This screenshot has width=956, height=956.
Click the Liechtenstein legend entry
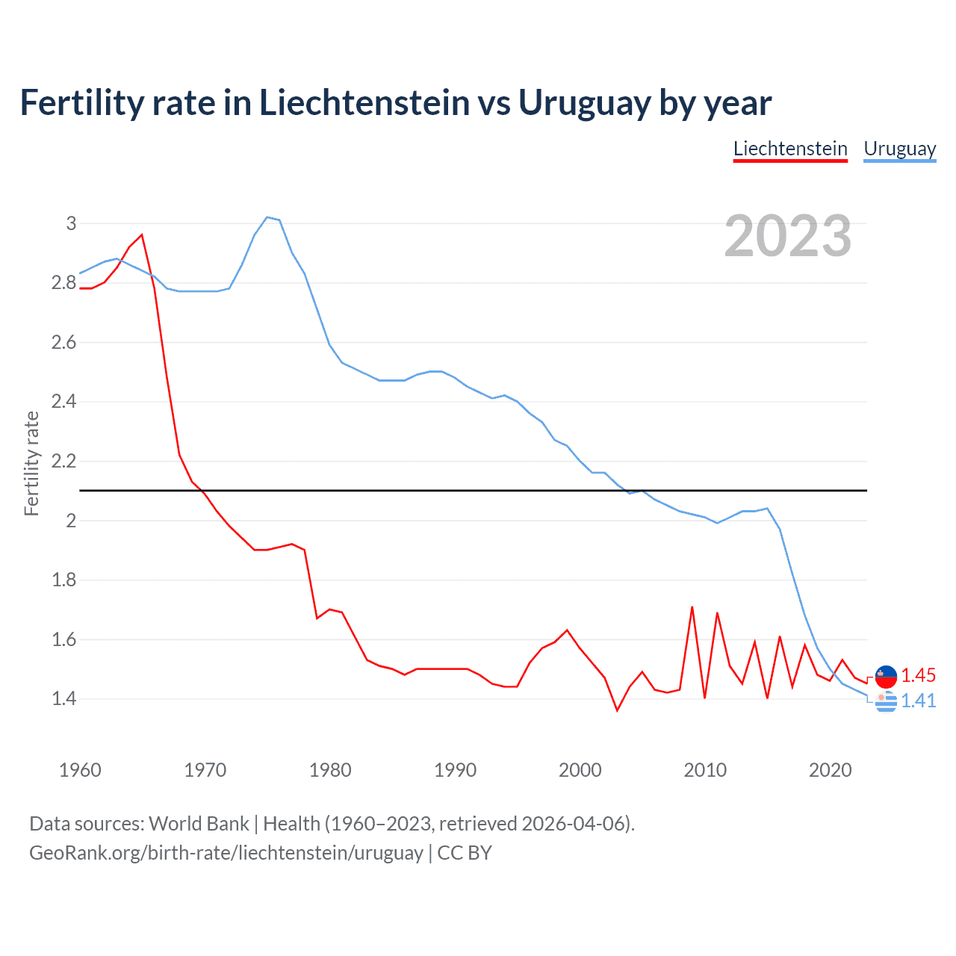click(x=790, y=149)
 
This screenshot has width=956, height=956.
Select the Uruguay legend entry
click(x=899, y=149)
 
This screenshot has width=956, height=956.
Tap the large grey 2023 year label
click(x=788, y=236)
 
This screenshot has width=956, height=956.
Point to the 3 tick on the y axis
click(x=72, y=223)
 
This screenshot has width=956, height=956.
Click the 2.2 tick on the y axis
click(x=64, y=461)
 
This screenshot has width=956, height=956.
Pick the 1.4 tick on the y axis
click(x=64, y=699)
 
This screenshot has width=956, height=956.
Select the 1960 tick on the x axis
click(x=80, y=770)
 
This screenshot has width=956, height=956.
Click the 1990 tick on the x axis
click(x=455, y=770)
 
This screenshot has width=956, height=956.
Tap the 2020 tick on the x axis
click(x=830, y=770)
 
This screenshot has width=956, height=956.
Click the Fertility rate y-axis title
click(x=31, y=463)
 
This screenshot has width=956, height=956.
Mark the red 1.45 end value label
click(x=918, y=675)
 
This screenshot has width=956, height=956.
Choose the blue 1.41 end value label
click(x=918, y=701)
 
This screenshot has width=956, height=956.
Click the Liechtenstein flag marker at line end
click(x=886, y=676)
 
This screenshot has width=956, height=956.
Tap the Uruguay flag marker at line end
click(x=886, y=702)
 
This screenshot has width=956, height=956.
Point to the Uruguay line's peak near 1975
click(x=267, y=217)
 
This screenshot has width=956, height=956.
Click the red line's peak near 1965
click(x=142, y=235)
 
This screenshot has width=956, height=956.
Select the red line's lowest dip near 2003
click(x=617, y=710)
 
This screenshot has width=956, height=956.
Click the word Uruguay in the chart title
click(x=583, y=102)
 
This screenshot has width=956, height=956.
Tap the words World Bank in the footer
click(x=199, y=823)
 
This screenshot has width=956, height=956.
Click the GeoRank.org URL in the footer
click(x=226, y=852)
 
